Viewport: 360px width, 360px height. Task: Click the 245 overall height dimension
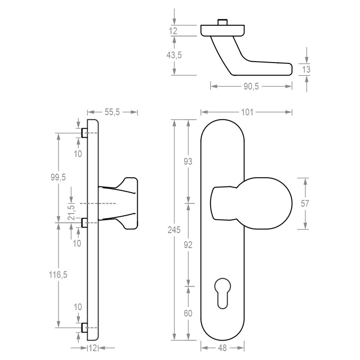pos(174,230)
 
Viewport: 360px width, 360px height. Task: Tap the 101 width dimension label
pos(247,112)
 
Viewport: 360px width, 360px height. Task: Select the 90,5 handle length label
pos(251,86)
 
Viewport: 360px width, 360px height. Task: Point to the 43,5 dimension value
pos(174,55)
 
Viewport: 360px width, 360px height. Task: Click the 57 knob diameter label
pos(305,203)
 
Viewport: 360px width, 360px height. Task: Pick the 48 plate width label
pos(222,348)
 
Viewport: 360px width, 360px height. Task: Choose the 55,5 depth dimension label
pos(112,112)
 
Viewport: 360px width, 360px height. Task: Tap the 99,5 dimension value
pos(58,177)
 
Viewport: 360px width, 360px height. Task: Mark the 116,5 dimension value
pos(58,274)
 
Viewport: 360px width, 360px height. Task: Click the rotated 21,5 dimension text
pos(72,212)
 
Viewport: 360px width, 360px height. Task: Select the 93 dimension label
pos(188,162)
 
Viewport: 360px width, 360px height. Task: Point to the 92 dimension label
pos(188,245)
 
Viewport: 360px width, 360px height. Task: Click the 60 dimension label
pos(188,313)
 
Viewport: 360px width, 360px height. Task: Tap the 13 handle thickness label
pos(306,69)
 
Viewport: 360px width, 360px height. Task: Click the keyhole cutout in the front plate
pos(222,293)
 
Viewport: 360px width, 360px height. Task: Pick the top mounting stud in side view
pos(85,133)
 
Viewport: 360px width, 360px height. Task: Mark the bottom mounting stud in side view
pos(85,328)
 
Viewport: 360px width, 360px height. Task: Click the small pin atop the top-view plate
pos(222,22)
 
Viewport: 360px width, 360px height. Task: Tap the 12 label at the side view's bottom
pos(93,348)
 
